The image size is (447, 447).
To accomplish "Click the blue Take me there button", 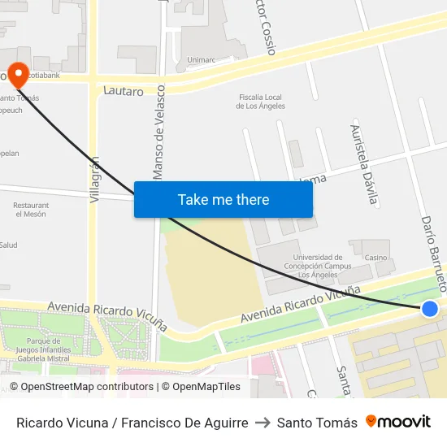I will coord(223,200).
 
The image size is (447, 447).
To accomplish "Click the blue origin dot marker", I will coord(430,308).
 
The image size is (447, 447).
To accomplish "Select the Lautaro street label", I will coord(124,91).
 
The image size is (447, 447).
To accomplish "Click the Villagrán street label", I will coord(95,179).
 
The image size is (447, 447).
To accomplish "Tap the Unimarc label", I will coord(201,60).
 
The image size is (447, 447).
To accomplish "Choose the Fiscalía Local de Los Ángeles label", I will coord(262,101).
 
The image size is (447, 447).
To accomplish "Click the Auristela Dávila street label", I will coord(363,163).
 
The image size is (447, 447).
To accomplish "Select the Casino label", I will coord(375,258).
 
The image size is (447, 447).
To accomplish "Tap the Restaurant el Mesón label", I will coord(30,210).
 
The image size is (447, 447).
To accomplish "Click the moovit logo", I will coord(398,422).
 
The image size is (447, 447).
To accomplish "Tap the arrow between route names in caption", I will coord(262,423).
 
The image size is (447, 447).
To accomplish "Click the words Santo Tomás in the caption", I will coord(317,423).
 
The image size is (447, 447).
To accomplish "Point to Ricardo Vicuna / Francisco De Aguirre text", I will coord(132,423).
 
